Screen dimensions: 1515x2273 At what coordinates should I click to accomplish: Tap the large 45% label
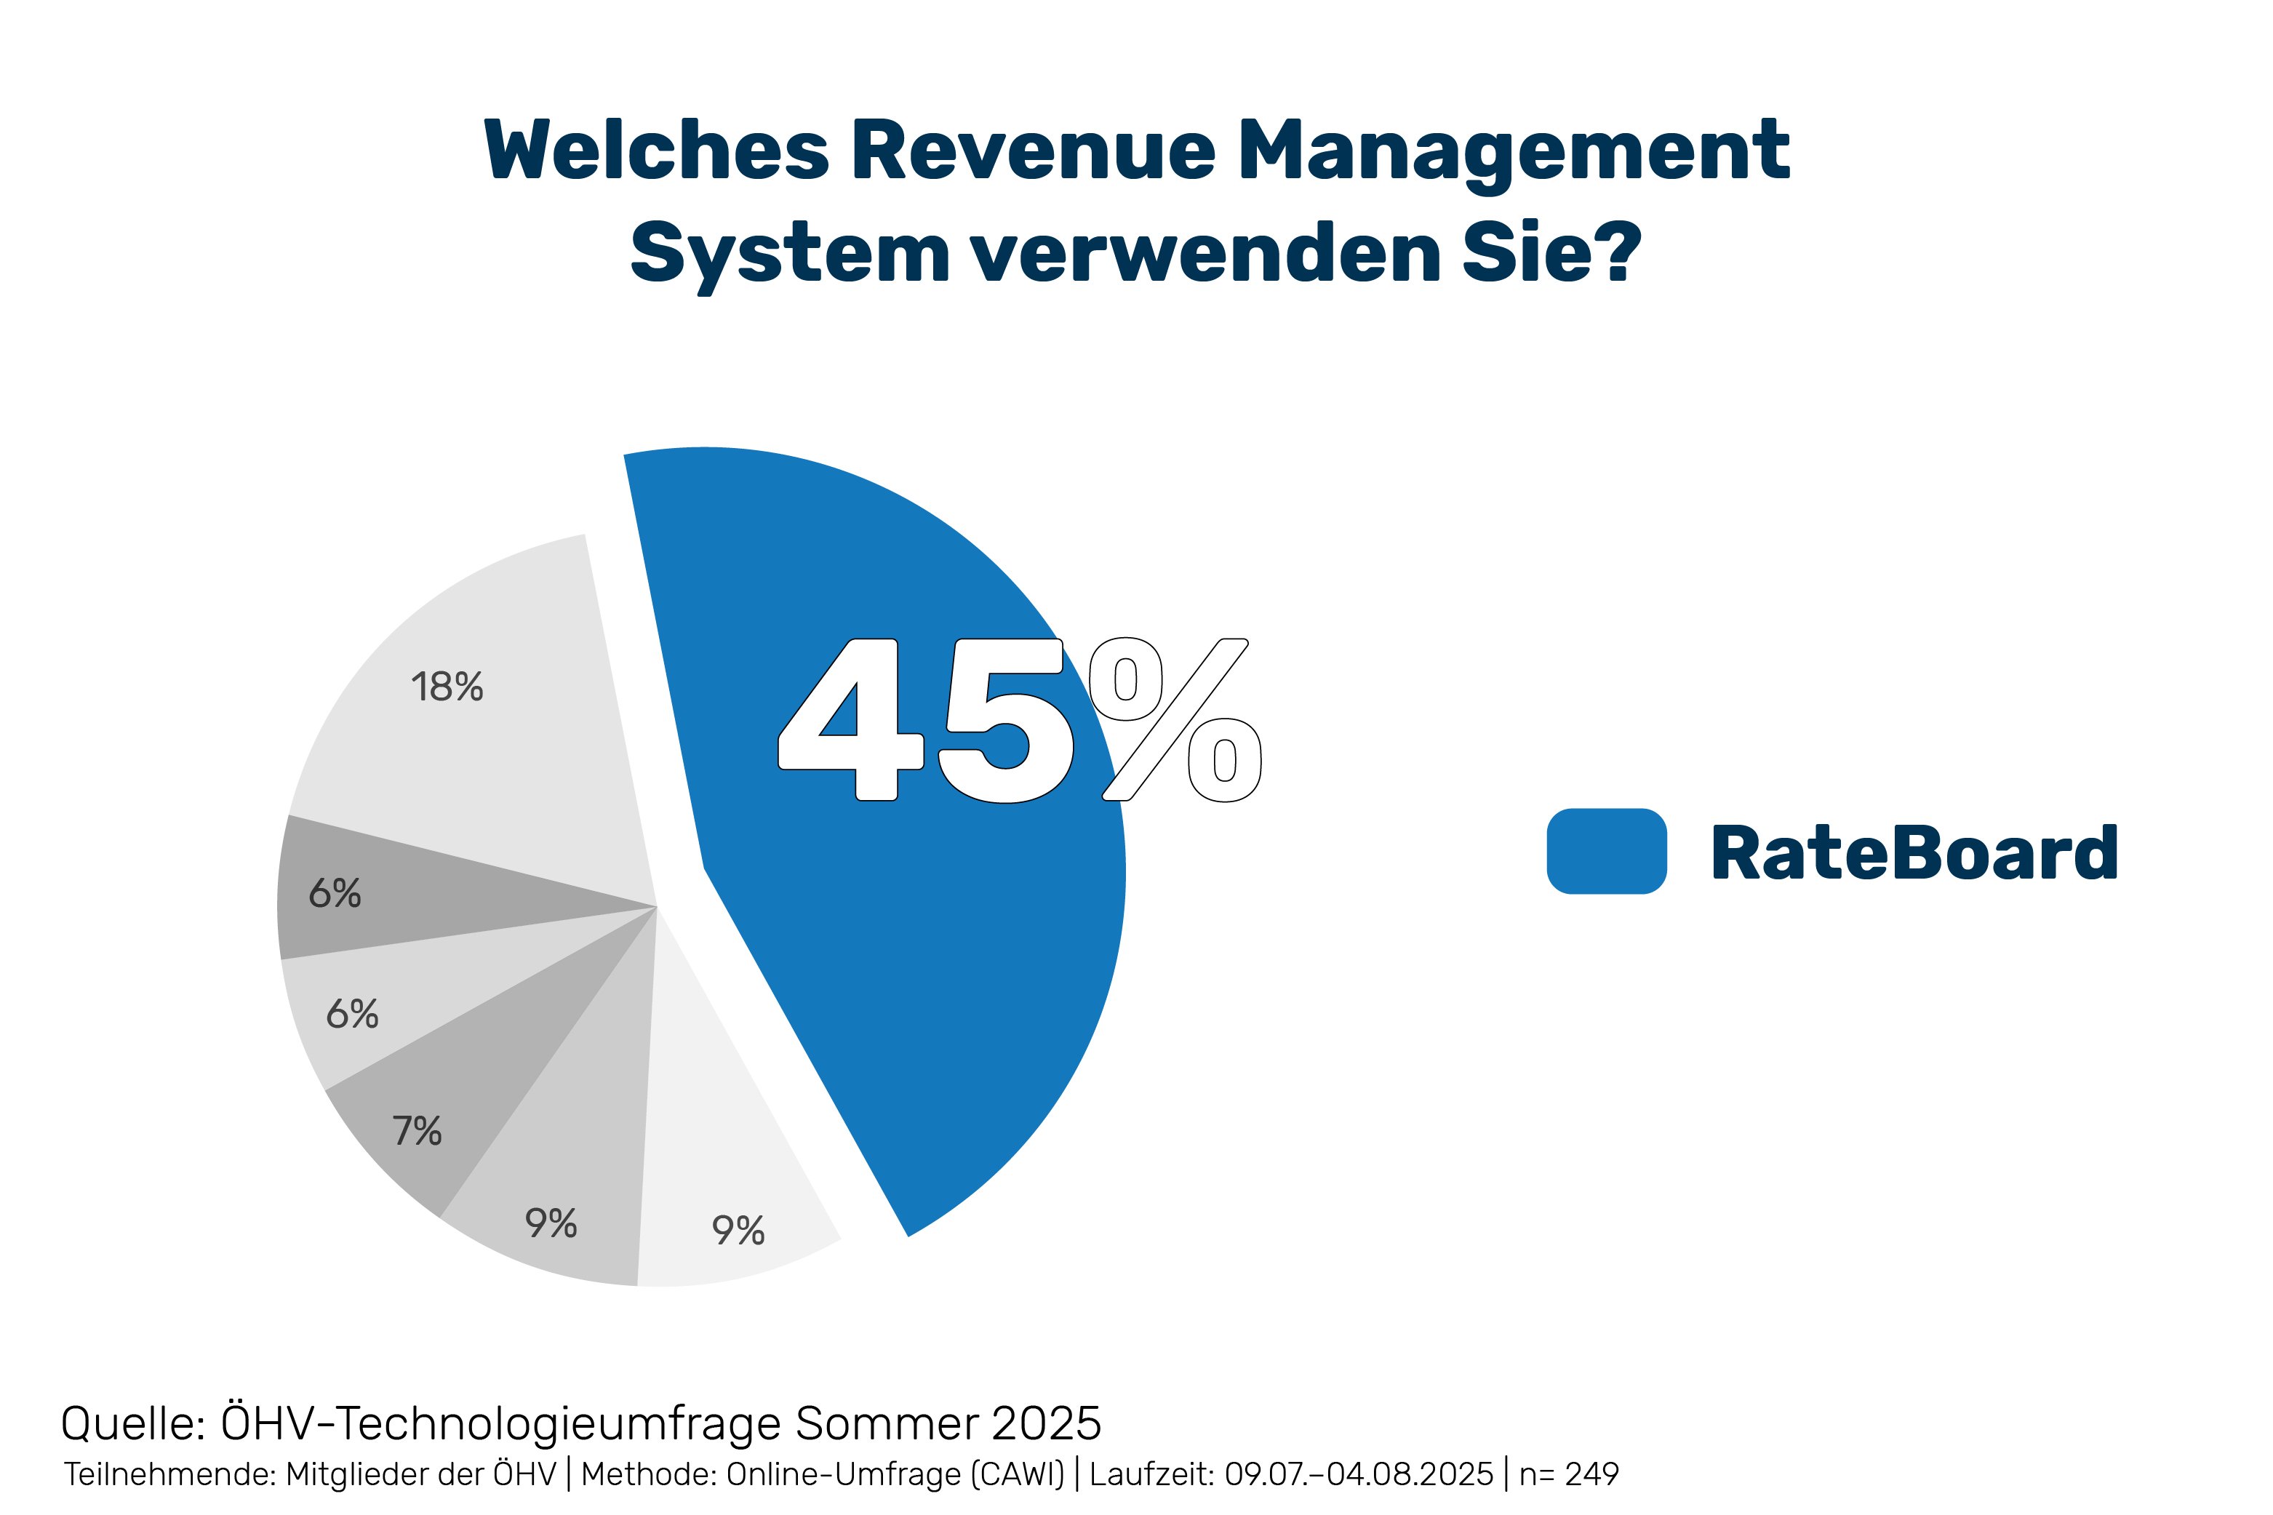[x=1019, y=720]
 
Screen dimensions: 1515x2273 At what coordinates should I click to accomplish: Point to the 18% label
[x=447, y=687]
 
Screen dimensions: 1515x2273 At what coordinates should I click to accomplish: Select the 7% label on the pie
[x=416, y=1130]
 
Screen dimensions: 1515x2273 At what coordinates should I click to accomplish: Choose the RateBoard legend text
[x=1914, y=853]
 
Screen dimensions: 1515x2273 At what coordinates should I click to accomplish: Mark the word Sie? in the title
[x=1551, y=254]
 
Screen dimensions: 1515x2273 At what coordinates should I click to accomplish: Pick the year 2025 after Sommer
[x=1046, y=1423]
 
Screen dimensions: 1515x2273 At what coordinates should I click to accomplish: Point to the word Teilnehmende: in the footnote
[x=171, y=1474]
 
